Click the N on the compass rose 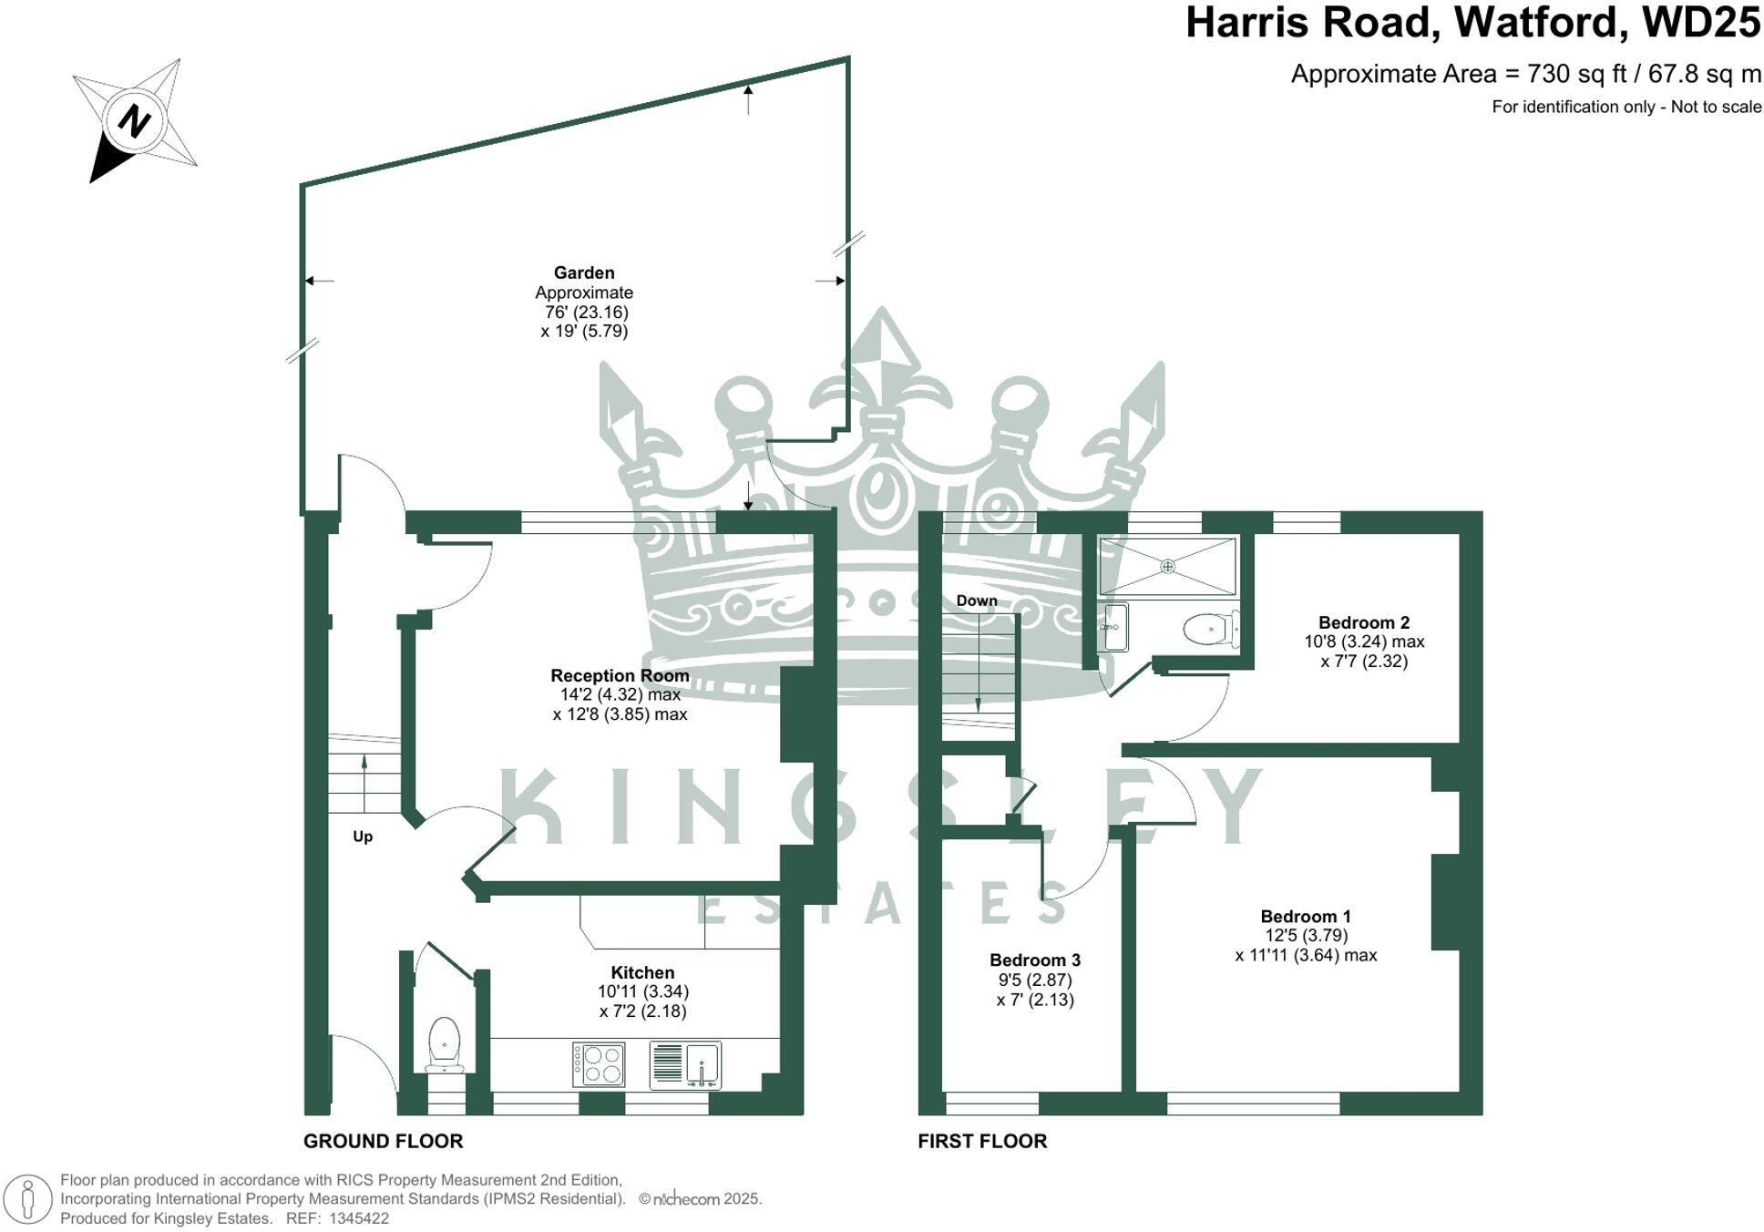[135, 120]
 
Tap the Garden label [584, 272]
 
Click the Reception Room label [620, 675]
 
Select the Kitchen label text [642, 972]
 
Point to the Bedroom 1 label [1306, 917]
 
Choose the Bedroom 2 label [1364, 622]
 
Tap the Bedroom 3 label [1035, 960]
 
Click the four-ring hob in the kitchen [599, 1064]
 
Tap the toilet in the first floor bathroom [1208, 629]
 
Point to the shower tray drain [1167, 566]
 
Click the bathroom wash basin [1113, 627]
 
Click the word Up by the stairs [363, 837]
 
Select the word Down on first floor [977, 601]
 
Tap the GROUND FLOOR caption [383, 1141]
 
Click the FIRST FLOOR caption [982, 1141]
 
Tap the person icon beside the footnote [28, 1199]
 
